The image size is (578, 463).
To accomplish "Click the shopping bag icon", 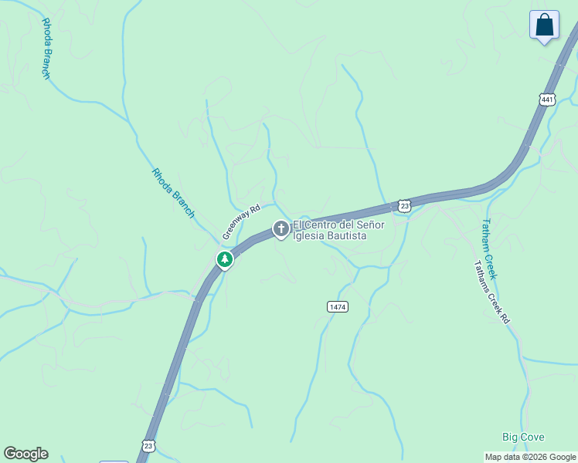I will pos(545,25).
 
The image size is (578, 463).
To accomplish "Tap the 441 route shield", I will pos(547,100).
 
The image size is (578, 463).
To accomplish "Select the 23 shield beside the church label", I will pos(404,205).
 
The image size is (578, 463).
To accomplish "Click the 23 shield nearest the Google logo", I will pos(148,446).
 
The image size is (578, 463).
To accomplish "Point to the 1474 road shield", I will pos(338,306).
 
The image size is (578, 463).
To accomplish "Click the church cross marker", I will pos(280,228).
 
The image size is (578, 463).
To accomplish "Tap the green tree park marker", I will pos(225,259).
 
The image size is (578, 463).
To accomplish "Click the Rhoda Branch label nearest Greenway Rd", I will pos(173,193).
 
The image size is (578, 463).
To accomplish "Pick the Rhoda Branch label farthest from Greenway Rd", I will pos(46,48).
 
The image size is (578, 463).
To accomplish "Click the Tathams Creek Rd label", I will pos(492,292).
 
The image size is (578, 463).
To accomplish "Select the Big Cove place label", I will pos(523,438).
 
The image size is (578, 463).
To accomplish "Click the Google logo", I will pos(25,454).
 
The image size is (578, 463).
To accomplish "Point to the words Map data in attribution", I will pos(502,457).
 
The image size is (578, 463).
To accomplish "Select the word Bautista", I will pos(345,235).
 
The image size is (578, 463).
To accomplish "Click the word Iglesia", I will pos(308,235).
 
